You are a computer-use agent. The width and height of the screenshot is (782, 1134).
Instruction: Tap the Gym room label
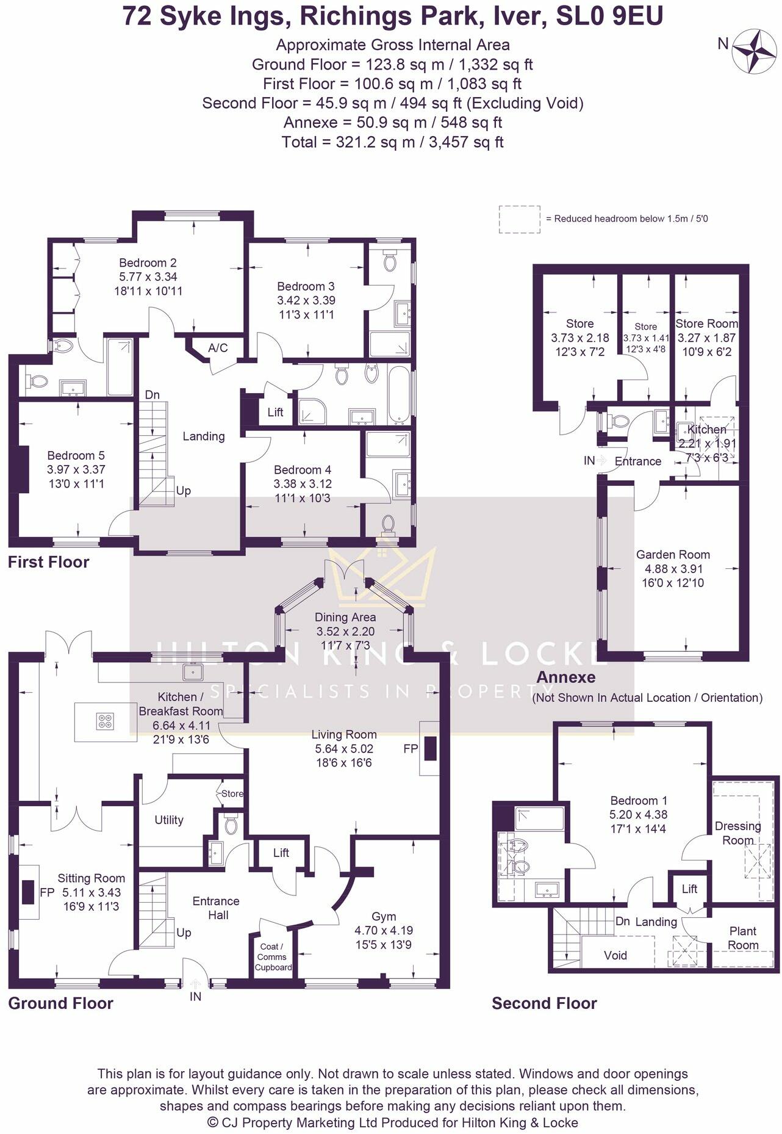tap(384, 917)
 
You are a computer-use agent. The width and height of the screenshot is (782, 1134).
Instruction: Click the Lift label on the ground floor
tap(281, 853)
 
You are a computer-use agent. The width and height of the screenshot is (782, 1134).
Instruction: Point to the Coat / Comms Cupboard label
tap(273, 957)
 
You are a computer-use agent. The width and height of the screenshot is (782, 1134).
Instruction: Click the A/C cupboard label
tap(218, 348)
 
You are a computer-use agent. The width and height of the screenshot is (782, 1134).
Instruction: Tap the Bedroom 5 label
tap(76, 455)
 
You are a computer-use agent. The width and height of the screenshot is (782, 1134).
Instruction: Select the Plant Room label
tap(743, 938)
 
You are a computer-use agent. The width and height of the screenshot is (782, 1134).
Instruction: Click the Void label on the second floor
tap(615, 955)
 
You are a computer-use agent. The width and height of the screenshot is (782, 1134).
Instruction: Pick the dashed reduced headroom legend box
tap(520, 219)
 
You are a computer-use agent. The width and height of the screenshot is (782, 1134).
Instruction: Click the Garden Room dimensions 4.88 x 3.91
tap(673, 569)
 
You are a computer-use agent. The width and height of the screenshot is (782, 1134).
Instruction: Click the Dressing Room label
tap(737, 833)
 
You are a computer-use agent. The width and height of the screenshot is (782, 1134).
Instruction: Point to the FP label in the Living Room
tap(411, 748)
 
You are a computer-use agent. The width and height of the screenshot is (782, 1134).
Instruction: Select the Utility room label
tap(168, 820)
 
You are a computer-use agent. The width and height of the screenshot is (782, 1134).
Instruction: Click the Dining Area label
tap(345, 617)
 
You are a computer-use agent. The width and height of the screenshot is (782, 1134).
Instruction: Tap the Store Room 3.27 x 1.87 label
tap(706, 338)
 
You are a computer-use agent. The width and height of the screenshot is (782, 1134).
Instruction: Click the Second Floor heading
tap(544, 1003)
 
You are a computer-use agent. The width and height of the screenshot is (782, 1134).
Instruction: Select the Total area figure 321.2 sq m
tap(392, 142)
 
